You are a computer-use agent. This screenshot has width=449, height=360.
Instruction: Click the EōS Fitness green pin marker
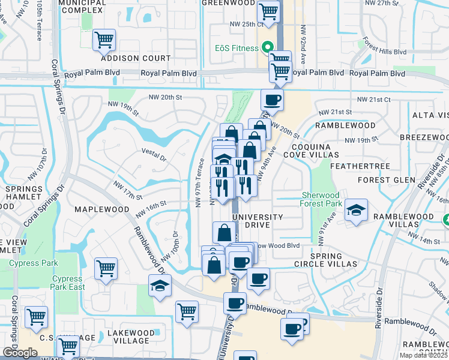(266, 47)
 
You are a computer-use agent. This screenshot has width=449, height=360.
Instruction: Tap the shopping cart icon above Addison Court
(104, 40)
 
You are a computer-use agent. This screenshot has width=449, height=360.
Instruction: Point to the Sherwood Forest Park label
(321, 199)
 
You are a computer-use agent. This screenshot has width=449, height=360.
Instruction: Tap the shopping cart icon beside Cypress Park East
(106, 268)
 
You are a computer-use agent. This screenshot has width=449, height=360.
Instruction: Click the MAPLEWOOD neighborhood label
(102, 209)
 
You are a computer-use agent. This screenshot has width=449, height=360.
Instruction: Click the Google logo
(20, 353)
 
